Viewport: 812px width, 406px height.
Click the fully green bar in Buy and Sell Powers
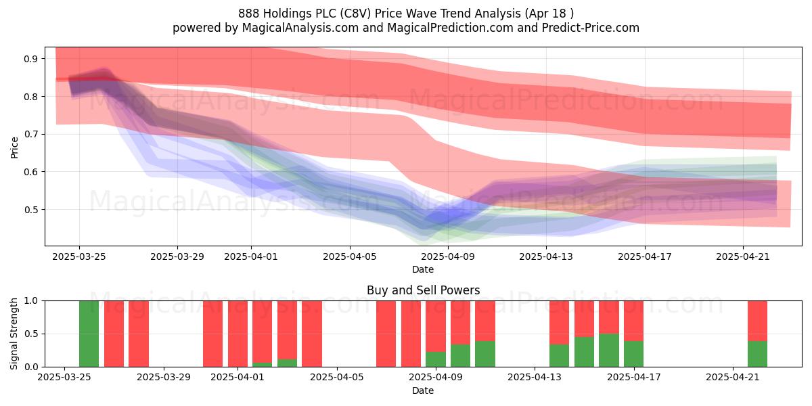point(89,334)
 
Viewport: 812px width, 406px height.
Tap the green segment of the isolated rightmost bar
point(758,354)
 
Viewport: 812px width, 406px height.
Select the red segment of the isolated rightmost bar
point(758,321)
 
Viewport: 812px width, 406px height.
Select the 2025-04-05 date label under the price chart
point(350,256)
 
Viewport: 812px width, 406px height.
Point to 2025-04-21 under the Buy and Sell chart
point(733,377)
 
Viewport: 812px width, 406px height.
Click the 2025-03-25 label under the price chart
point(79,256)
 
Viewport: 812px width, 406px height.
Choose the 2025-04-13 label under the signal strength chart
point(535,377)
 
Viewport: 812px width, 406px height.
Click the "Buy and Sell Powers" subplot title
point(423,290)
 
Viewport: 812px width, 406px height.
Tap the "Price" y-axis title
point(14,148)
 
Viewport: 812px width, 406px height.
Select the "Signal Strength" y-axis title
point(14,334)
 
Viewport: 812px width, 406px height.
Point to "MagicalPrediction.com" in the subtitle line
point(450,28)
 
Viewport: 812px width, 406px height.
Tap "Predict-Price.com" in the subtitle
point(591,28)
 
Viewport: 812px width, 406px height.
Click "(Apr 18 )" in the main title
point(549,14)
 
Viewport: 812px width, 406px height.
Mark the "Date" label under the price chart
point(423,269)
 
